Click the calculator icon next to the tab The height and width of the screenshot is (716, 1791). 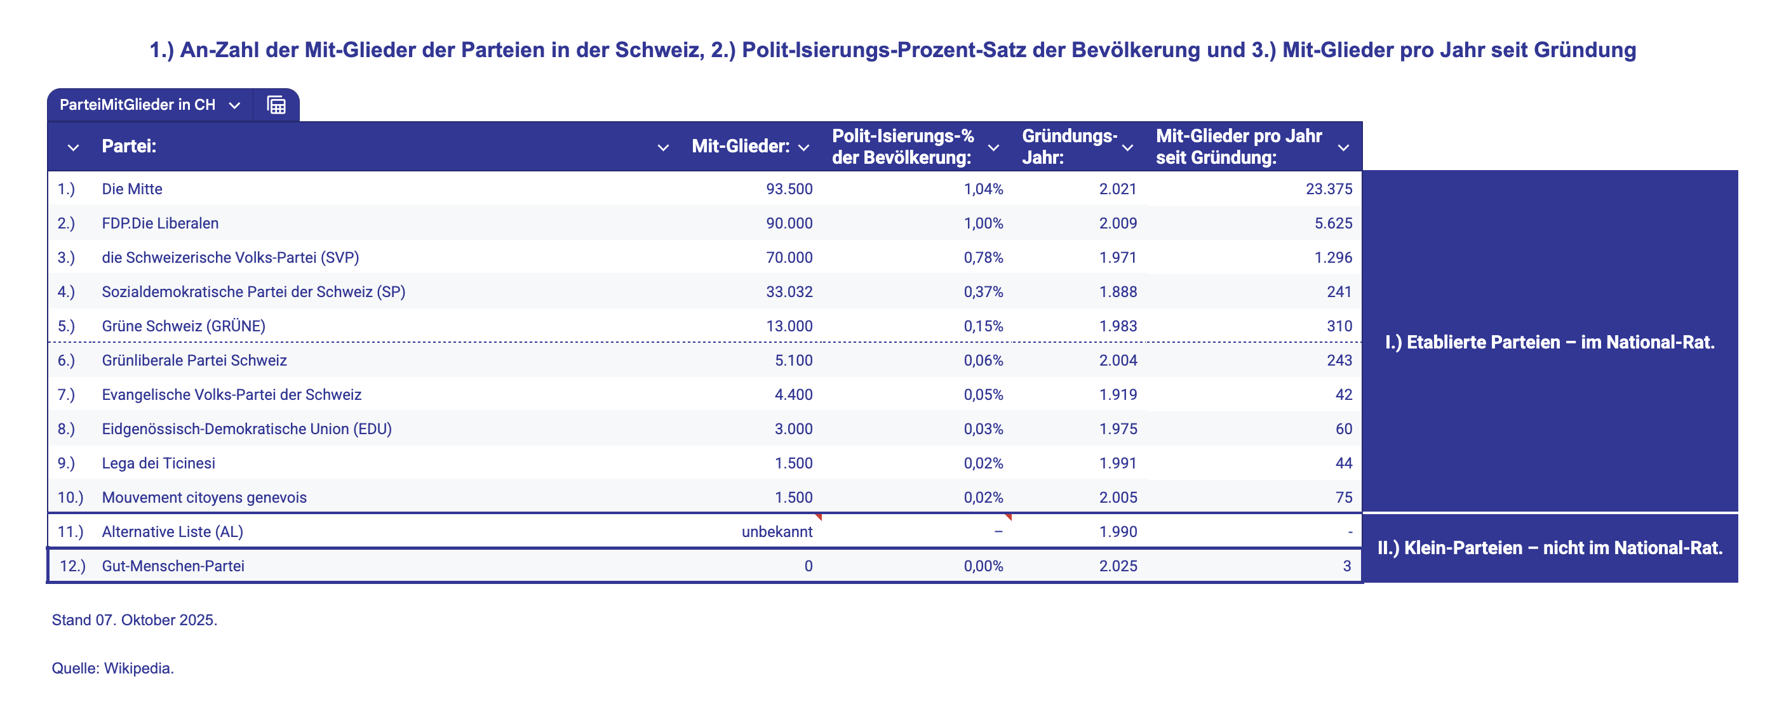(x=276, y=105)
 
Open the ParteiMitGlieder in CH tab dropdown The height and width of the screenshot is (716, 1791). (x=234, y=105)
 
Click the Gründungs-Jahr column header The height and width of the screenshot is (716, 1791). (x=1069, y=147)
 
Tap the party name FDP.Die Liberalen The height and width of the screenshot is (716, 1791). (x=160, y=223)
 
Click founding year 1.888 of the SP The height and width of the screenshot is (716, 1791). (x=1117, y=292)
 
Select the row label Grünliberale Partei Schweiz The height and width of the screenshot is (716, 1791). (x=194, y=360)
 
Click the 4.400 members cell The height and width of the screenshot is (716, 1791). (x=793, y=395)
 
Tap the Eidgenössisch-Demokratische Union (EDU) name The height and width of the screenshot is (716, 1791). (x=246, y=429)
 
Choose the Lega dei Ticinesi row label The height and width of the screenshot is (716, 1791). (x=159, y=463)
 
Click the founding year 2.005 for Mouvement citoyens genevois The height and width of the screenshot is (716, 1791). (x=1117, y=498)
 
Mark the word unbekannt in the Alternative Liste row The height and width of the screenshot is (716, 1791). (x=777, y=532)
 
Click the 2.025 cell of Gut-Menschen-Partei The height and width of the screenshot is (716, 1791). (x=1117, y=566)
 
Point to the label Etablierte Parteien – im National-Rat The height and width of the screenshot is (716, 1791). (x=1549, y=342)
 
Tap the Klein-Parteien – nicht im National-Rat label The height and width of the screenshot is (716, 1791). (x=1549, y=548)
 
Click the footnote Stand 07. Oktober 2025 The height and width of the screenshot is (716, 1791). (x=134, y=620)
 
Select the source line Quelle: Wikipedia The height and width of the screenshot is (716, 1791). (x=112, y=668)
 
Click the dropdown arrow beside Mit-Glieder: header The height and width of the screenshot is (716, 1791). (x=803, y=147)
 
